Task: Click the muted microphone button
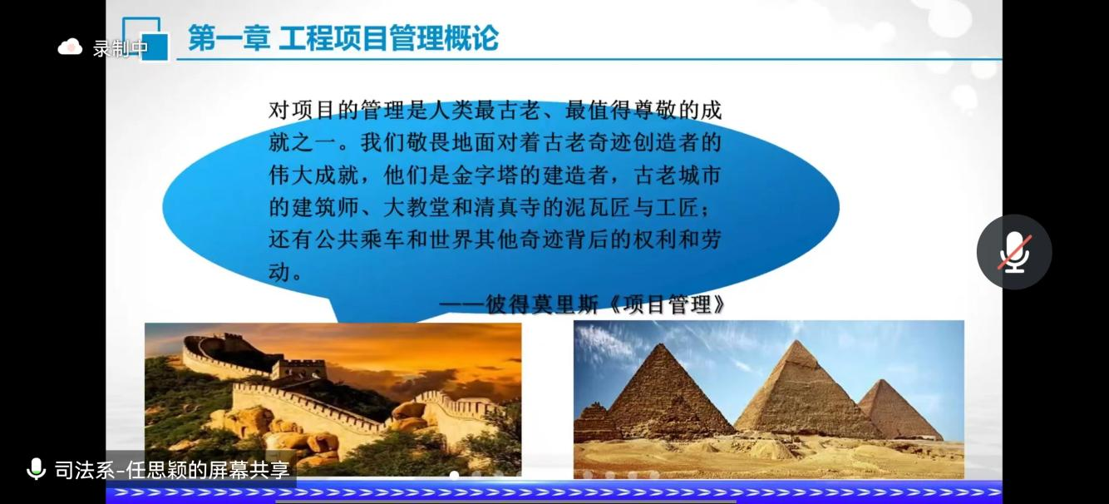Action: (1014, 252)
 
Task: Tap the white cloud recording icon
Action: (71, 47)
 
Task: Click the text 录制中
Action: (121, 48)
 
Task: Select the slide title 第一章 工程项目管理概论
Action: (343, 38)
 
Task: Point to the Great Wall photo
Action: (333, 399)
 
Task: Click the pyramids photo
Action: (768, 399)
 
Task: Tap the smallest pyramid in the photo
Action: (900, 410)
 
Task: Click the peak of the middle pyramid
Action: (796, 341)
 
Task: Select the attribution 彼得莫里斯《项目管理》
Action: (605, 304)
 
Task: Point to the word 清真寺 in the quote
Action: (507, 207)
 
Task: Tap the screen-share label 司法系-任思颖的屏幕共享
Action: (172, 469)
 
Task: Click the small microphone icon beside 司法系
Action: (36, 468)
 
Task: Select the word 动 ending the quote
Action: (279, 272)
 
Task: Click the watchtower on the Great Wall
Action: (299, 369)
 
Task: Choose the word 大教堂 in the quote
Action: (416, 207)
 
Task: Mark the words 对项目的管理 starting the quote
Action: (337, 110)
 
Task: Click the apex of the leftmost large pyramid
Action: (658, 344)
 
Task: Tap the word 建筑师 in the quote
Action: (325, 207)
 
